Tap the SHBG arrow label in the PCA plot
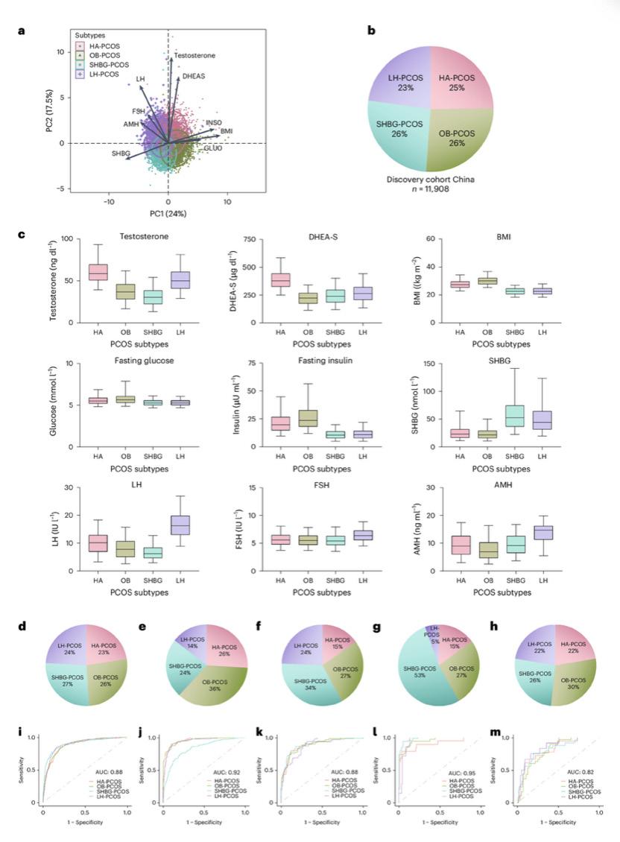pyautogui.click(x=120, y=153)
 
